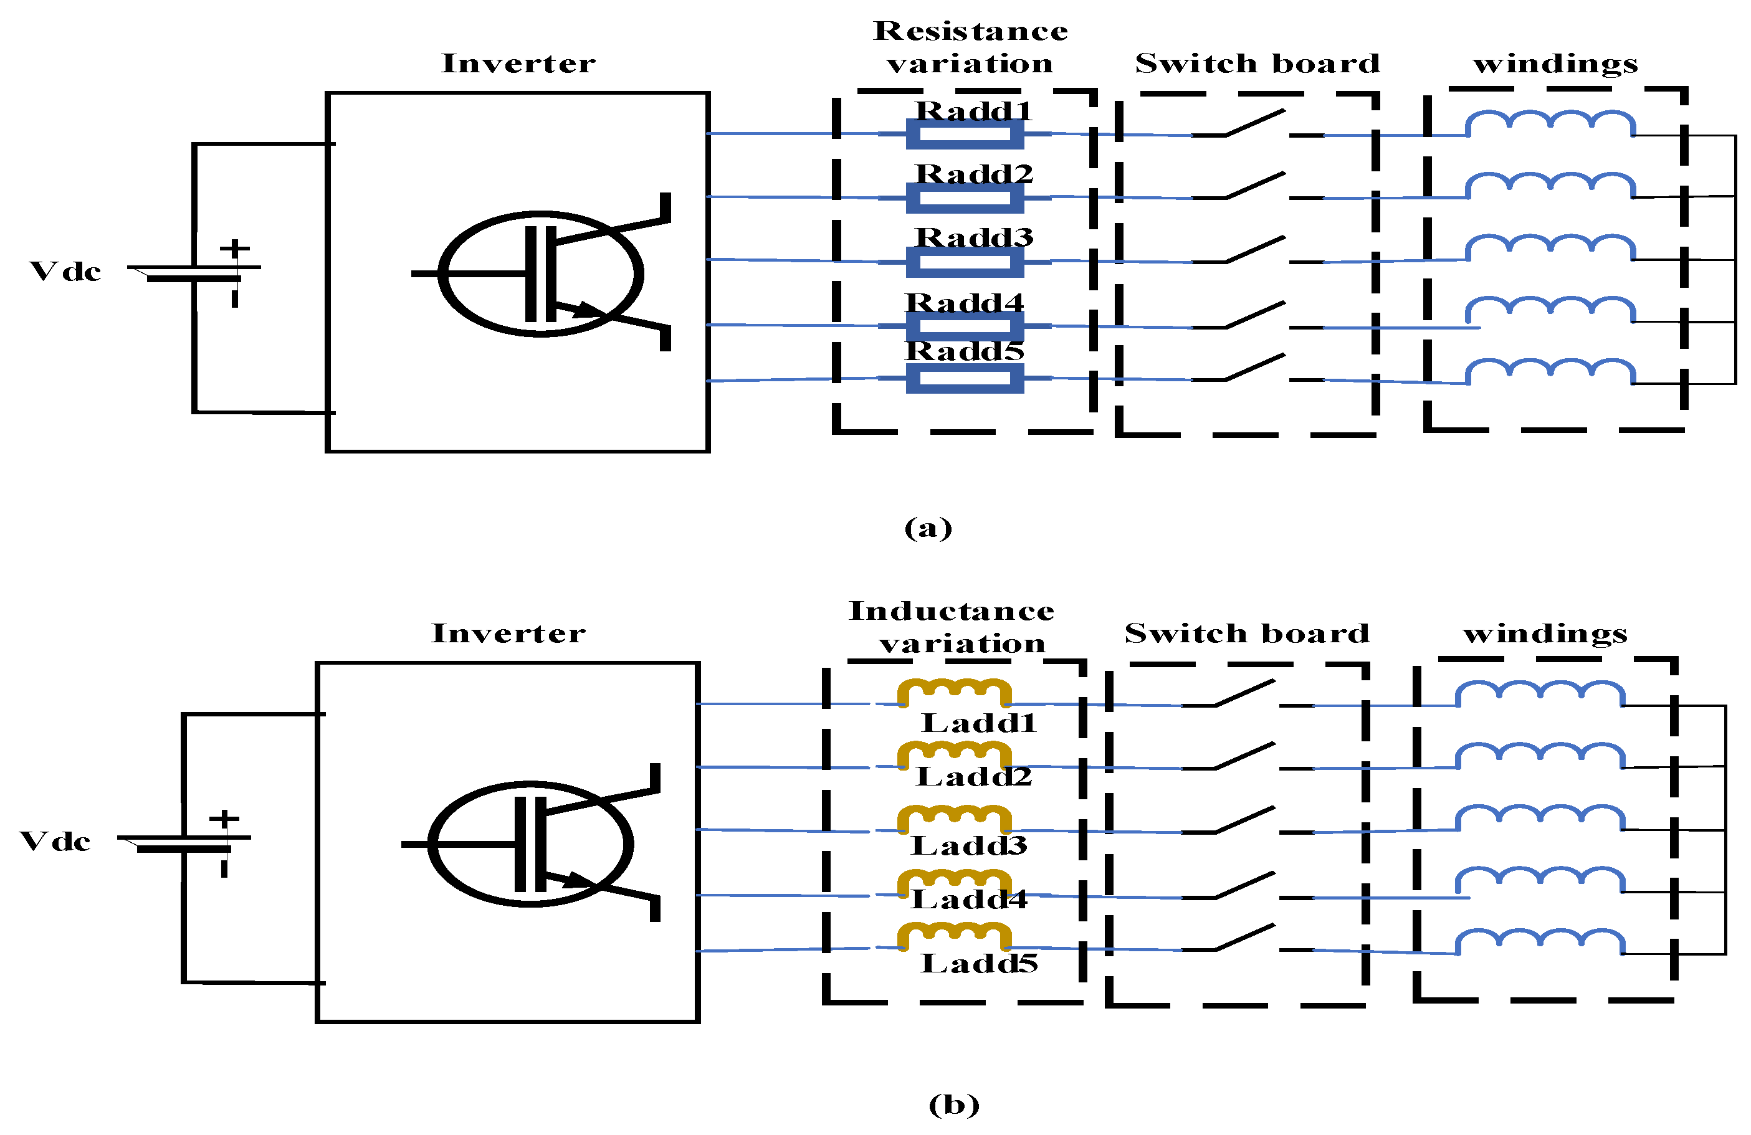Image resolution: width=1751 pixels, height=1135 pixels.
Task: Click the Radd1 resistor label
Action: click(973, 110)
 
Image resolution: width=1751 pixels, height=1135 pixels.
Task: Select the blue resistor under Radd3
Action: click(965, 262)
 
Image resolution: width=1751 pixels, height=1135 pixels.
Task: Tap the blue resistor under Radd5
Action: click(965, 378)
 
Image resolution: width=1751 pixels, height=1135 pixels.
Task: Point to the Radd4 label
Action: click(964, 302)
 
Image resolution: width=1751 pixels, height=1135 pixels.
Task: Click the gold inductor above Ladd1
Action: click(954, 691)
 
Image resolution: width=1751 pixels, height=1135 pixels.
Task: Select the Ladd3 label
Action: click(969, 845)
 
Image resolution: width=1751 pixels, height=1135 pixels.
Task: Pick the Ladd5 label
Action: click(979, 963)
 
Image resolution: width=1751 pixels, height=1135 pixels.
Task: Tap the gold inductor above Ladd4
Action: click(954, 882)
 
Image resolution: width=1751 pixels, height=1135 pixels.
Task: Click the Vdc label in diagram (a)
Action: click(65, 272)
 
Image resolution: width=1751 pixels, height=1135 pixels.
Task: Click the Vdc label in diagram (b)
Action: click(55, 842)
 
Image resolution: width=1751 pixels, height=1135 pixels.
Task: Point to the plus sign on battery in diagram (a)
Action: click(235, 249)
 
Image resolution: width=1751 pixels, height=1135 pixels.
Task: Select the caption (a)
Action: click(928, 528)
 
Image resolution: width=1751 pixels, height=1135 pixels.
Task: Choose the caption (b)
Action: click(953, 1104)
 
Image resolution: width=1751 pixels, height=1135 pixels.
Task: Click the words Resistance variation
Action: click(970, 47)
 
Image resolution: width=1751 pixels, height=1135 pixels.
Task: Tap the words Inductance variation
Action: click(952, 627)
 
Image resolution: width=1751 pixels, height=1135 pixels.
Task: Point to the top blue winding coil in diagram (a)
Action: click(1551, 123)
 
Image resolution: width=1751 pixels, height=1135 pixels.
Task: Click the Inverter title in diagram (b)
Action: click(508, 633)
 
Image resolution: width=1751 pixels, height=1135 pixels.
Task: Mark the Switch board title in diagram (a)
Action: click(1257, 64)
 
